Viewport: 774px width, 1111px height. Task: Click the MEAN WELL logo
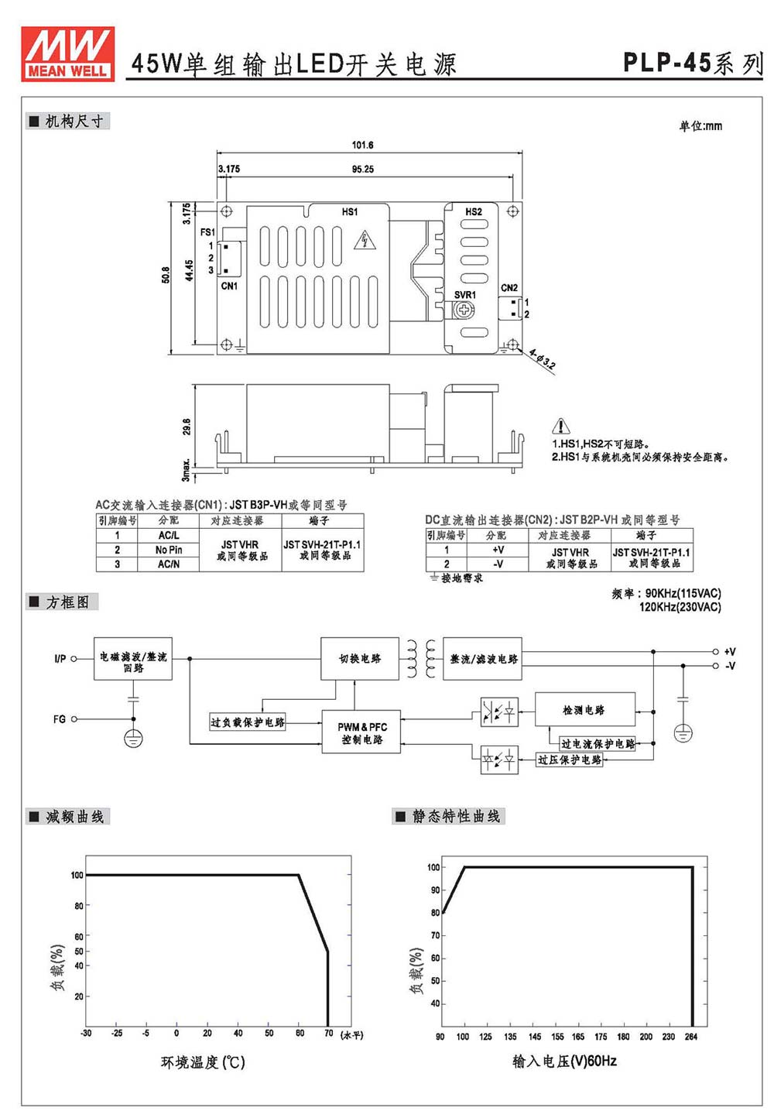pyautogui.click(x=67, y=53)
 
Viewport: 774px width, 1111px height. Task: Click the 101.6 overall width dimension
pyautogui.click(x=362, y=145)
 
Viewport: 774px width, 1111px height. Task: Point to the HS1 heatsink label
pyautogui.click(x=349, y=212)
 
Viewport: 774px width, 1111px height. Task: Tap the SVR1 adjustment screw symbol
pyautogui.click(x=464, y=310)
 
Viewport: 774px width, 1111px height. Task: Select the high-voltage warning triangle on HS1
pyautogui.click(x=365, y=240)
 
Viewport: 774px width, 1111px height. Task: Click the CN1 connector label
pyautogui.click(x=229, y=286)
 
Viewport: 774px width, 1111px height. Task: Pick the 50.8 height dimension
pyautogui.click(x=166, y=276)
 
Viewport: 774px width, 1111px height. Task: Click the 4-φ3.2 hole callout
pyautogui.click(x=542, y=359)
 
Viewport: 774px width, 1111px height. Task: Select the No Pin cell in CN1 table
pyautogui.click(x=169, y=550)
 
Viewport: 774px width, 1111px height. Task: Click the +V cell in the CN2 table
pyautogui.click(x=498, y=550)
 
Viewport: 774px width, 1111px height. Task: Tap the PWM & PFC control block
pyautogui.click(x=361, y=732)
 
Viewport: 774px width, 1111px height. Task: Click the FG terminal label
pyautogui.click(x=60, y=718)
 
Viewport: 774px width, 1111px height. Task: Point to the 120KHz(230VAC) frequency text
pyautogui.click(x=680, y=606)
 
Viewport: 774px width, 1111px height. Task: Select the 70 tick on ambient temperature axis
pyautogui.click(x=328, y=1033)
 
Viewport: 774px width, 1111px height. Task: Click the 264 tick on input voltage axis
pyautogui.click(x=690, y=1037)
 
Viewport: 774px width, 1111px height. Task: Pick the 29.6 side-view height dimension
pyautogui.click(x=187, y=427)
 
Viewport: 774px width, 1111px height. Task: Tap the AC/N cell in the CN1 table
pyautogui.click(x=169, y=564)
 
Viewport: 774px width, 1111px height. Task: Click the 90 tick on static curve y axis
pyautogui.click(x=435, y=890)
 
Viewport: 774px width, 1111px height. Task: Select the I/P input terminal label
pyautogui.click(x=60, y=659)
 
